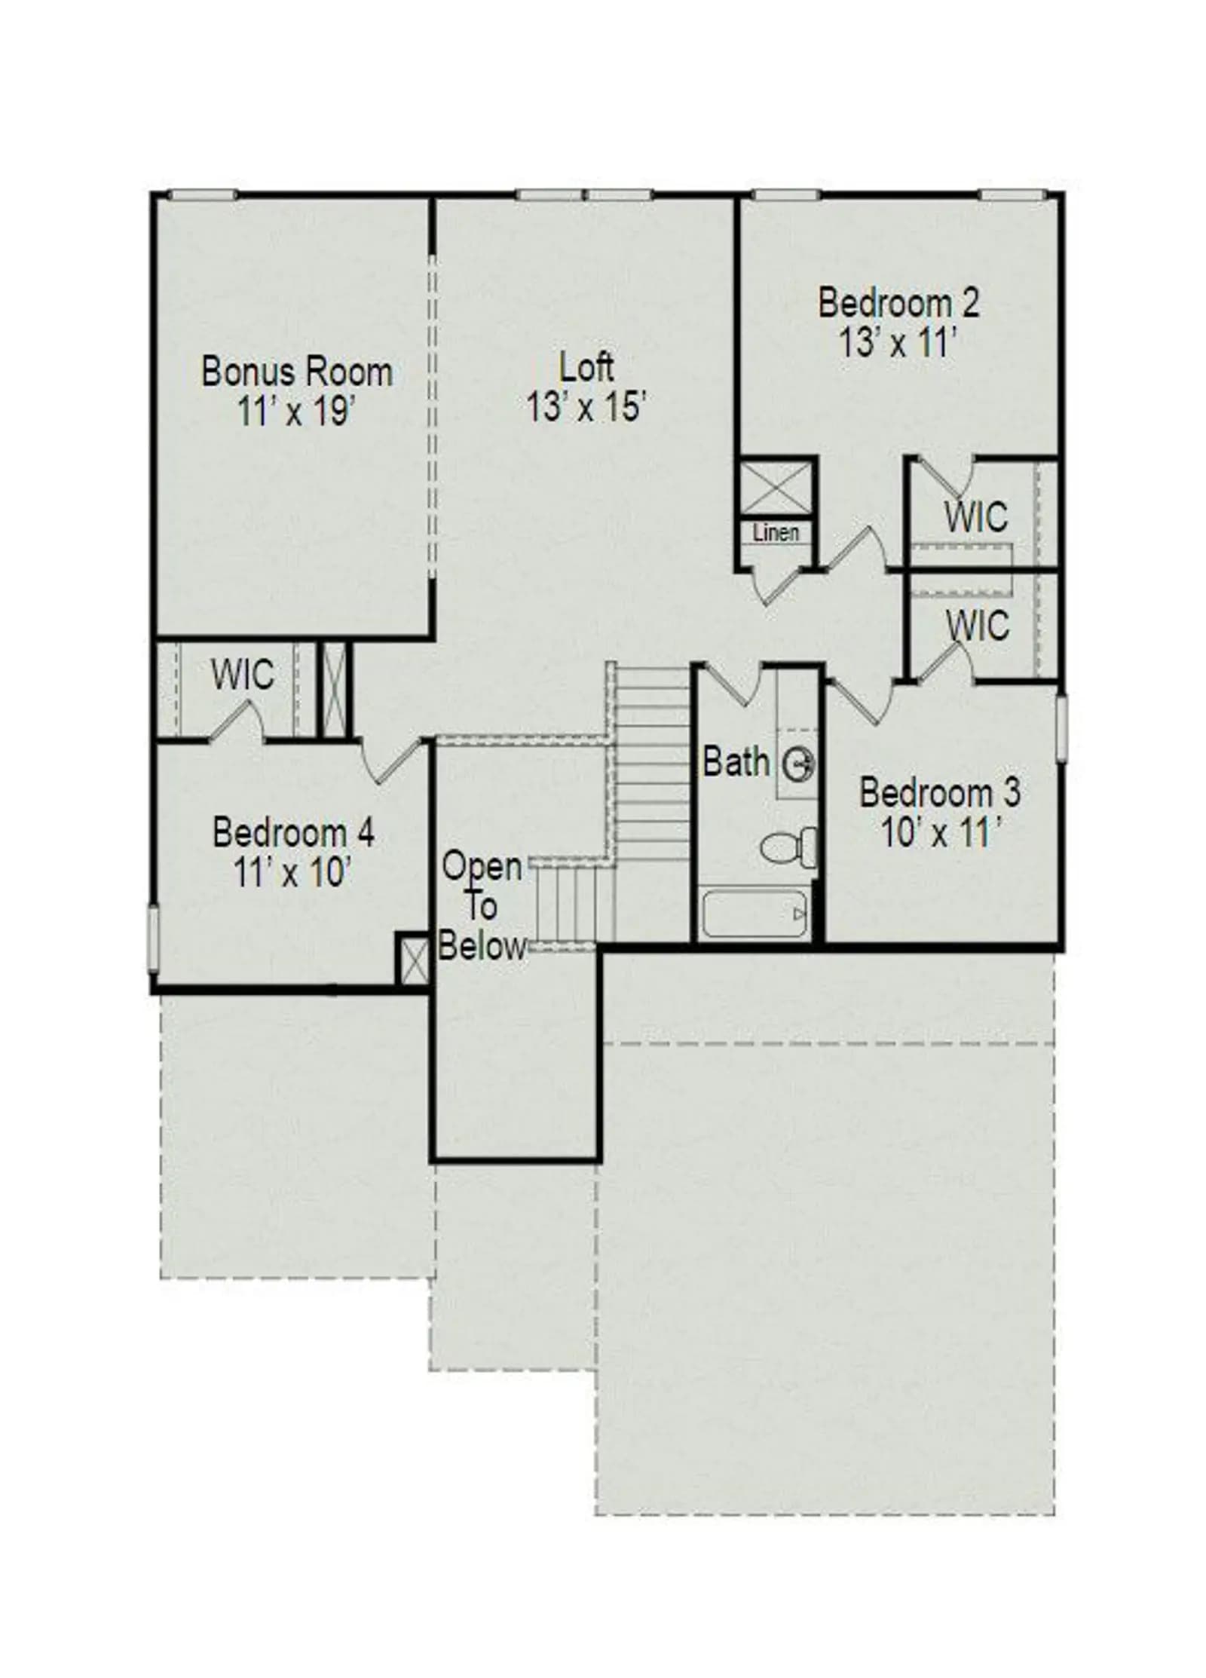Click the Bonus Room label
(x=297, y=372)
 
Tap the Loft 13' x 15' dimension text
(x=586, y=408)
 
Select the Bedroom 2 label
(x=898, y=303)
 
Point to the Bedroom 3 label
(x=940, y=793)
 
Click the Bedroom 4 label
(x=293, y=833)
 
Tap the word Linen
(x=776, y=533)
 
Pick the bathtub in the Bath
(x=755, y=914)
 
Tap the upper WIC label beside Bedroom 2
(x=976, y=516)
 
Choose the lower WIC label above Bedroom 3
(x=978, y=625)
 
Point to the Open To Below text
(x=482, y=906)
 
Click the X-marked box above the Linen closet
(x=776, y=488)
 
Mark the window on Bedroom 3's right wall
(x=1061, y=728)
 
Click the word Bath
(x=736, y=762)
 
